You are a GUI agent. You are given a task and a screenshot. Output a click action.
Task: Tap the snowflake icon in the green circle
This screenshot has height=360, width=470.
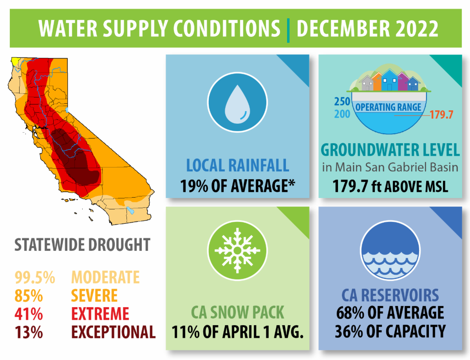click(x=237, y=250)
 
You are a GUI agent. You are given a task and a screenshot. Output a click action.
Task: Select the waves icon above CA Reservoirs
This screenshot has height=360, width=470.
click(x=390, y=250)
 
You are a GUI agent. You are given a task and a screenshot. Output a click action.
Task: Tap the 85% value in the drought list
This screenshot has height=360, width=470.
click(x=29, y=296)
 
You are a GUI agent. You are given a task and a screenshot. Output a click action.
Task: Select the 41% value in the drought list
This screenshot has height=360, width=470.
click(x=29, y=314)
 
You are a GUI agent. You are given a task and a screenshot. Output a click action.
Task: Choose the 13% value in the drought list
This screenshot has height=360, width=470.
click(x=29, y=332)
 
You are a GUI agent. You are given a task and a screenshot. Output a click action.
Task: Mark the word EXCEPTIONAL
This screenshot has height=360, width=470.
click(x=113, y=332)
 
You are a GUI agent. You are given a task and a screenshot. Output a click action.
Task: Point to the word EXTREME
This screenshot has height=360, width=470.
click(x=100, y=314)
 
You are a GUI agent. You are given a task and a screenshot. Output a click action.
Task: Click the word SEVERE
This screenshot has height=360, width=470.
click(x=94, y=296)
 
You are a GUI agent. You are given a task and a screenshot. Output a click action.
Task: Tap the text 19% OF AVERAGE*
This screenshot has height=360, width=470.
click(x=237, y=185)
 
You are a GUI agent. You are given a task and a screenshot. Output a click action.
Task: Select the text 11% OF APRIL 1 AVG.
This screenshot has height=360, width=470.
click(x=237, y=333)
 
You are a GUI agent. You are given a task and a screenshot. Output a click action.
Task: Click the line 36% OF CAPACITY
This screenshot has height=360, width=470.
click(x=390, y=331)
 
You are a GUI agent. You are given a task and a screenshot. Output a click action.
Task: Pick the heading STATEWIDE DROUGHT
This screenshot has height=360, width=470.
click(x=82, y=245)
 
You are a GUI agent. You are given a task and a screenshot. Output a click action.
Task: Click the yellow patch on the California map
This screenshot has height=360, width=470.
click(x=16, y=61)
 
